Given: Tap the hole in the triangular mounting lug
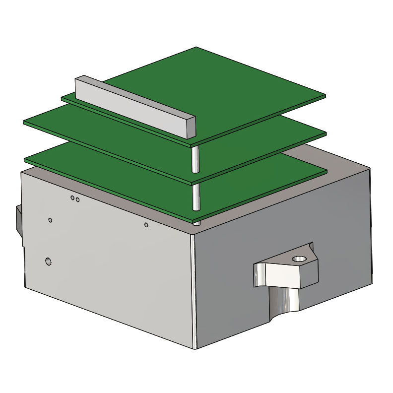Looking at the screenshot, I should point(299,259).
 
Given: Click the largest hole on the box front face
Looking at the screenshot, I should point(48,261).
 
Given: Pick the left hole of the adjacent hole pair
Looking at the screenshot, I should point(72,198).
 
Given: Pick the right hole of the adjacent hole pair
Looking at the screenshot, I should point(77,199).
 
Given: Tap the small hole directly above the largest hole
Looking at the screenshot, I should point(50,219).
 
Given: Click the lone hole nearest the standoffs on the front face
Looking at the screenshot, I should point(146,225).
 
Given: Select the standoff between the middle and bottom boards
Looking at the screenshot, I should point(196,197).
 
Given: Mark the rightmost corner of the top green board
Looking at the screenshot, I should point(325,96).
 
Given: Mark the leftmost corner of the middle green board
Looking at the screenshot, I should point(24,122).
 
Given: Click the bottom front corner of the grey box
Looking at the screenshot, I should point(195,347).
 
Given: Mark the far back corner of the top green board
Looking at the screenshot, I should point(196,47).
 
